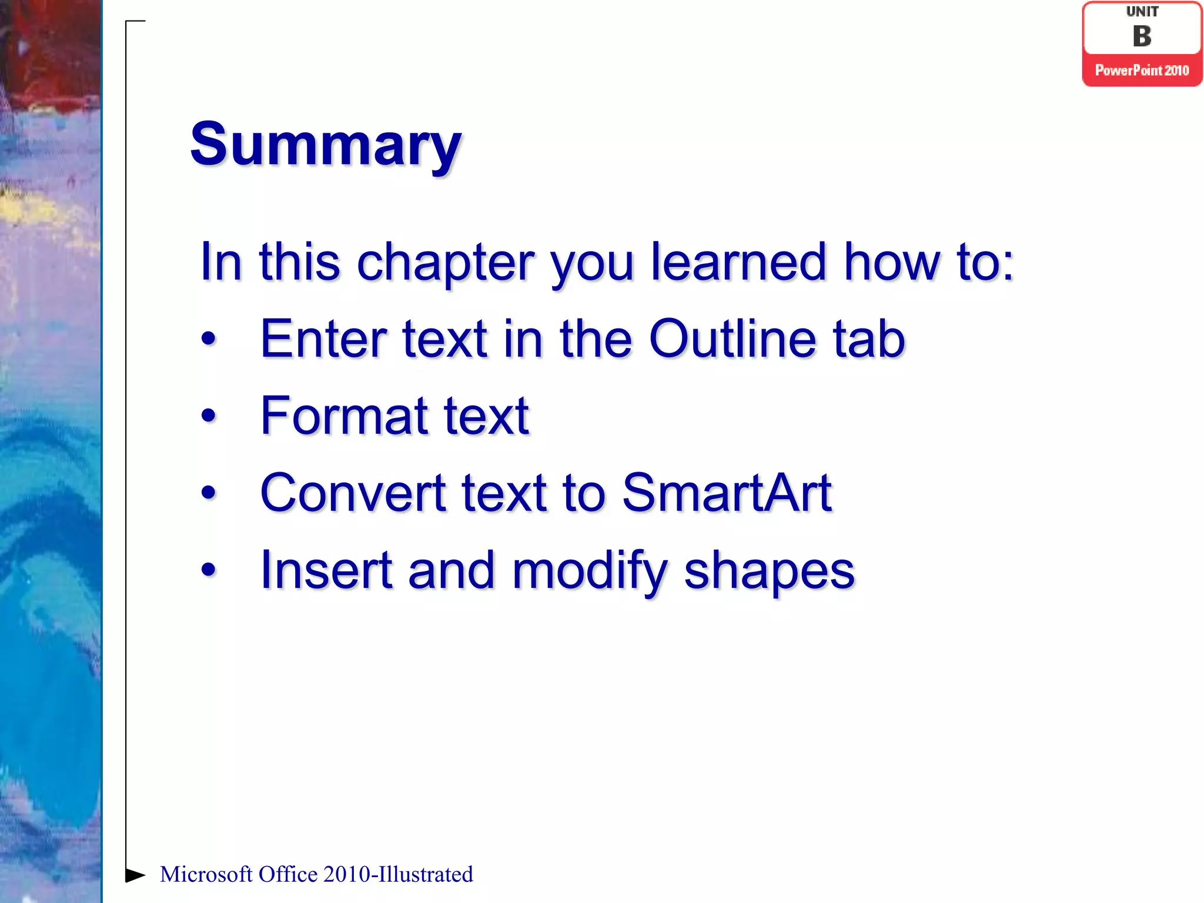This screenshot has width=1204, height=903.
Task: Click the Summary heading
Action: [325, 144]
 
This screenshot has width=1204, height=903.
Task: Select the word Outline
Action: [732, 339]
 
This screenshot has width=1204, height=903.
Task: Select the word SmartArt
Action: [727, 493]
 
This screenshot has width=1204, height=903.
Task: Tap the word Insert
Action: [326, 570]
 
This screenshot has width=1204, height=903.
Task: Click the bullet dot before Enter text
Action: [208, 339]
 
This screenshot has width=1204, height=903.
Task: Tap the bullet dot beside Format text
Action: [208, 416]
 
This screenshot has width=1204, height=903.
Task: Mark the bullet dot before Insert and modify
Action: [208, 570]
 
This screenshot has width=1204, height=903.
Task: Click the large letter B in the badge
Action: [1142, 36]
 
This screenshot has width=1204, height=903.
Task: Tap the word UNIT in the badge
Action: [1142, 12]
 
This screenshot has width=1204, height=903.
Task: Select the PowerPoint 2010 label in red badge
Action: [1142, 71]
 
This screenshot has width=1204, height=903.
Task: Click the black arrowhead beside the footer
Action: [135, 875]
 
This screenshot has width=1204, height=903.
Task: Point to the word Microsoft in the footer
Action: [206, 875]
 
